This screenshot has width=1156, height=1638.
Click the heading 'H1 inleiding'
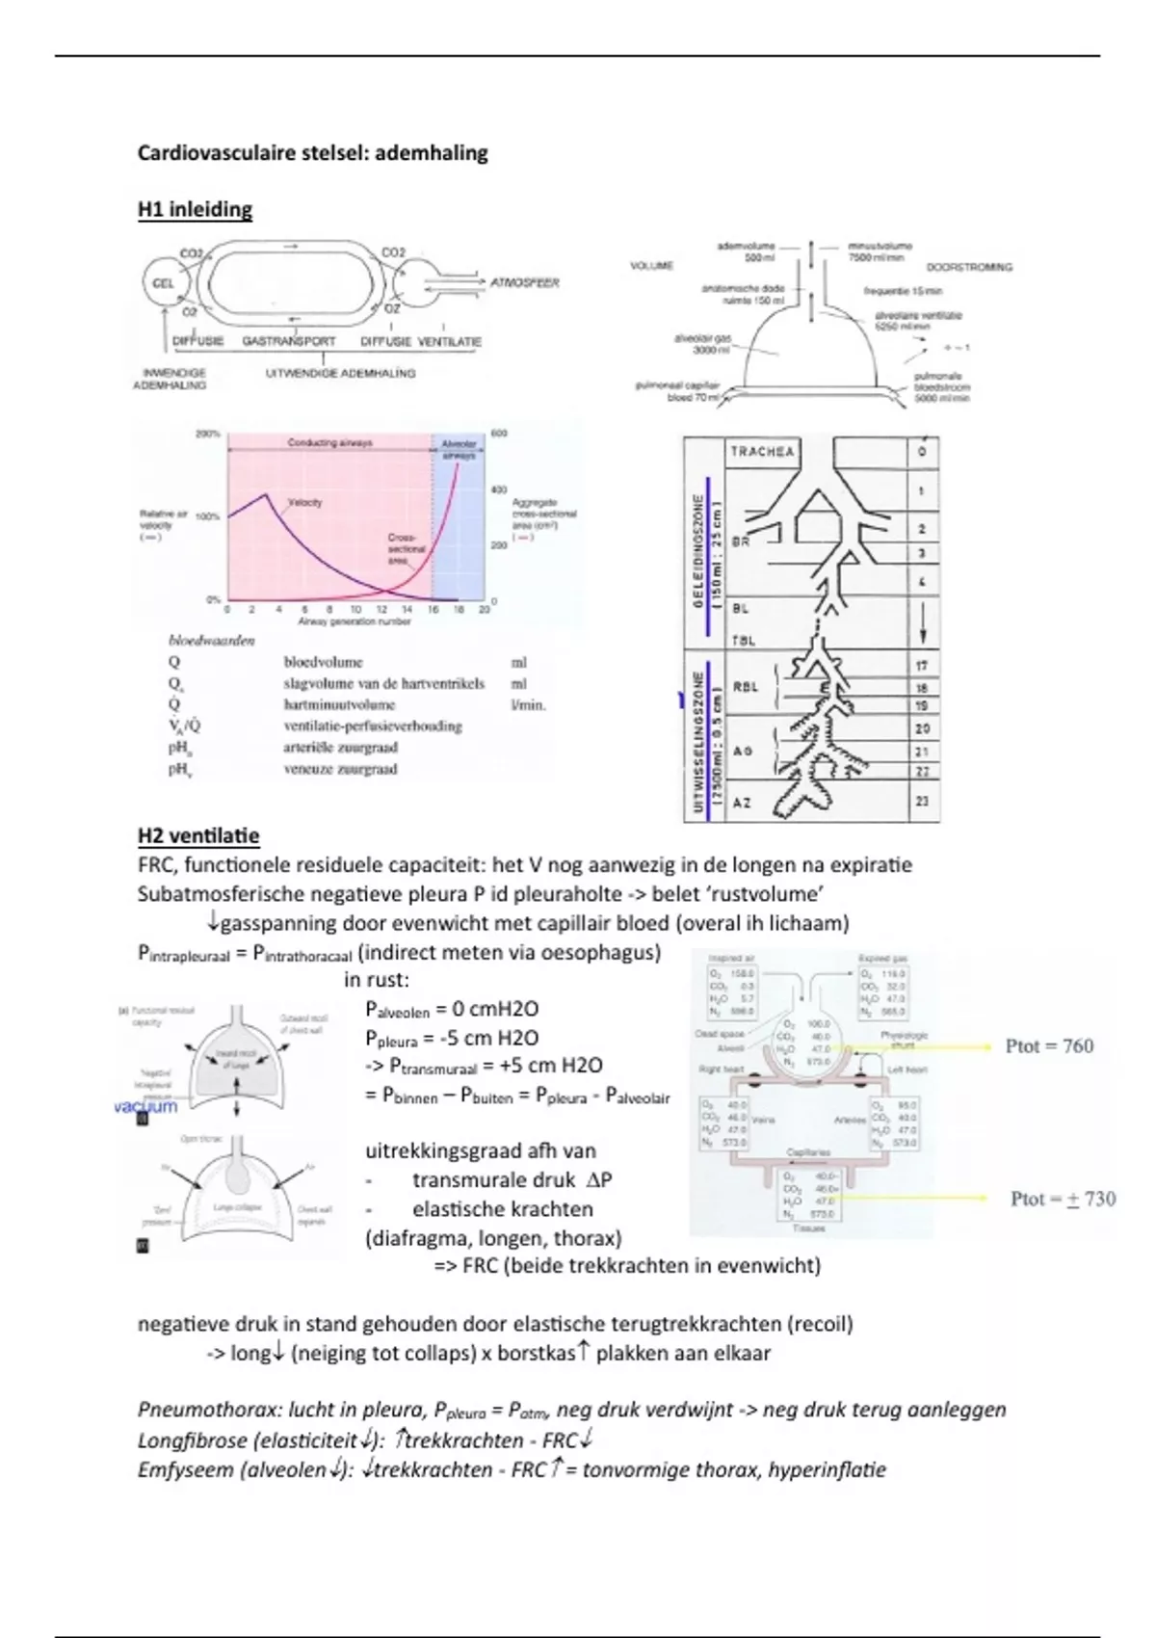click(x=195, y=210)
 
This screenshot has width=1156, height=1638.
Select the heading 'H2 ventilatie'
click(x=198, y=835)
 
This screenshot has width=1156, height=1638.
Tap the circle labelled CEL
click(x=164, y=283)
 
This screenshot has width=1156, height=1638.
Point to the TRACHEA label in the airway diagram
click(x=762, y=451)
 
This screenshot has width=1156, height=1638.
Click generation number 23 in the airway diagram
click(x=922, y=802)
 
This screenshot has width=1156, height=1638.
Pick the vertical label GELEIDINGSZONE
click(x=698, y=550)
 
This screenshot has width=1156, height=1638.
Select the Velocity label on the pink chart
click(x=304, y=502)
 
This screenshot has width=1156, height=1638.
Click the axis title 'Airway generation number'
click(x=355, y=621)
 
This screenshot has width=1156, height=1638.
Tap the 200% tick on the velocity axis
click(x=208, y=435)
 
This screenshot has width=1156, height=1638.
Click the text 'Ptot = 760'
click(x=1049, y=1046)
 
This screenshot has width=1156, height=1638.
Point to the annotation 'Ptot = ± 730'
click(x=1063, y=1199)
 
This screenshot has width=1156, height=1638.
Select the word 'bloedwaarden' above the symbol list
click(x=212, y=641)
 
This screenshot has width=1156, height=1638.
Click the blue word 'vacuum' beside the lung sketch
click(x=145, y=1106)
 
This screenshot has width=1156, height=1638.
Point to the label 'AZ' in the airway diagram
click(x=742, y=802)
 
